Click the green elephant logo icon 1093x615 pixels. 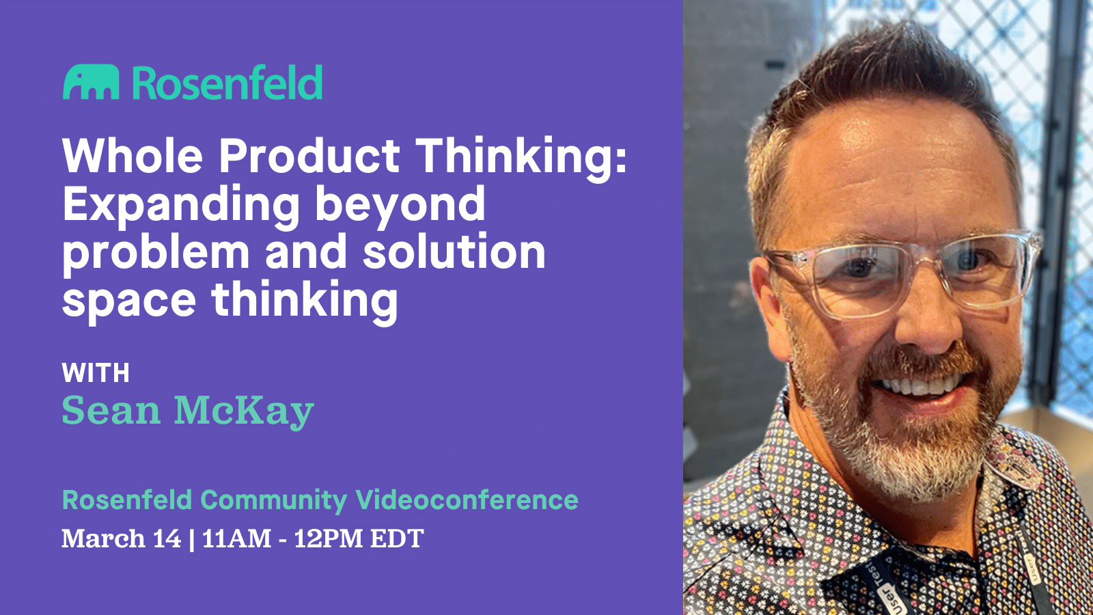coord(91,83)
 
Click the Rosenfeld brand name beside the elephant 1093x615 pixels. coord(227,83)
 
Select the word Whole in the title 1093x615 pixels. coord(133,156)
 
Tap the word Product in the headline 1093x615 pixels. coord(309,156)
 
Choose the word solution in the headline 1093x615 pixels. coord(454,252)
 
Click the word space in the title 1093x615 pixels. coord(129,301)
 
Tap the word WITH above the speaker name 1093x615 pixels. coord(96,373)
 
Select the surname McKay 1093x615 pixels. coord(244,411)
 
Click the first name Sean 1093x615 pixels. coord(111,411)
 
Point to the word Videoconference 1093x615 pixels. coord(467,500)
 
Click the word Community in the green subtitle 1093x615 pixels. coord(273,500)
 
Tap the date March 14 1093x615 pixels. coord(121,538)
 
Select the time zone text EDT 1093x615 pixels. coord(397,538)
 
